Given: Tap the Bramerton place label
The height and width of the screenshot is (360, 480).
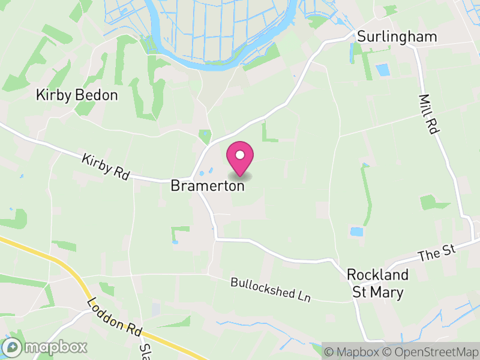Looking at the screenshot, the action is (208, 186).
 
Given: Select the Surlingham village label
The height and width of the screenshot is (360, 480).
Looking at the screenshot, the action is (397, 37).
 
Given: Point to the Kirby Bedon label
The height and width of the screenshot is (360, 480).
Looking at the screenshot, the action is (77, 95).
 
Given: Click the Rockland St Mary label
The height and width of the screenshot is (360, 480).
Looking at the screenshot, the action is (378, 283).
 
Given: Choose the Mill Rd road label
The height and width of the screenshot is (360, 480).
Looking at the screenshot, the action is (427, 113).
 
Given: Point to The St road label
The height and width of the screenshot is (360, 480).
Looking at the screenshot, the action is (437, 252).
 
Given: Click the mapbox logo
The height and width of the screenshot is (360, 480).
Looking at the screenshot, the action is (46, 347).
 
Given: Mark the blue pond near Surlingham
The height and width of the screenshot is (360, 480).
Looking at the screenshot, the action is (382, 70).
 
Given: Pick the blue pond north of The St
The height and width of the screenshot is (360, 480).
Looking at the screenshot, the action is (356, 231).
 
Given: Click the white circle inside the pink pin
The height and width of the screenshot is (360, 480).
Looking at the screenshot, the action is (239, 155).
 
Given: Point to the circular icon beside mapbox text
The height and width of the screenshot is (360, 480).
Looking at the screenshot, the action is (12, 347).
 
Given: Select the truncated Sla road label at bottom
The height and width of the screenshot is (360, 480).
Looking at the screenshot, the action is (144, 349).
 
